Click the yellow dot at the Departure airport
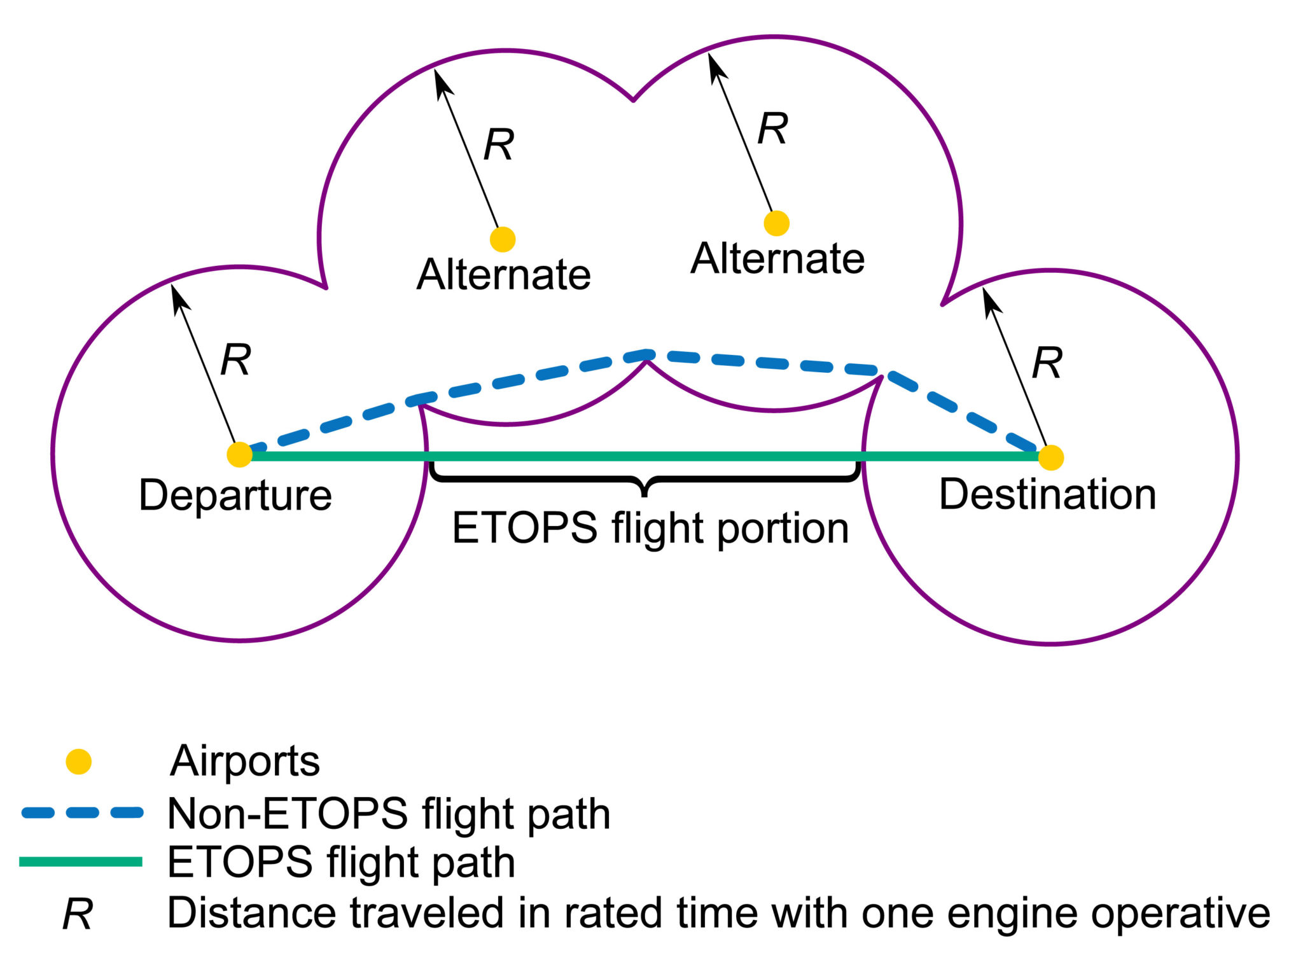239,454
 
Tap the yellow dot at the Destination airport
1050,457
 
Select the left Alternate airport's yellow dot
502,239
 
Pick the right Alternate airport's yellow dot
776,223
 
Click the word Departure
235,495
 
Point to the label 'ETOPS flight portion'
650,528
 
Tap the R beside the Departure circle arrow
235,360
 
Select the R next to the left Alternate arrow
498,144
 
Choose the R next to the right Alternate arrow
772,129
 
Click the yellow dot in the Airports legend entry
79,762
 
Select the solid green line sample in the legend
81,862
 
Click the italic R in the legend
78,915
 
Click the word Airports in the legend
244,761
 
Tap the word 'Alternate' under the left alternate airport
503,274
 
